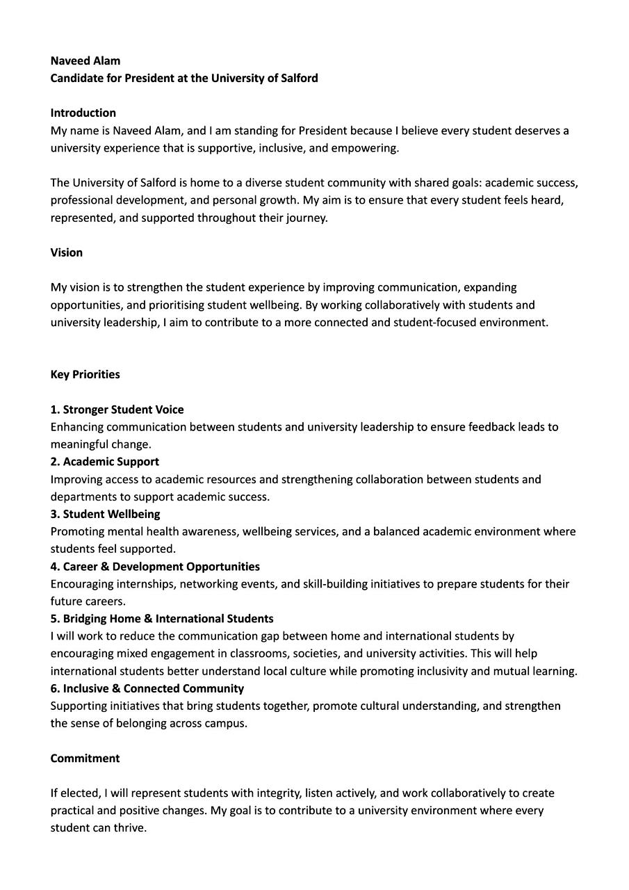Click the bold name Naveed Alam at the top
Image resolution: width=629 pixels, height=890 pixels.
[85, 60]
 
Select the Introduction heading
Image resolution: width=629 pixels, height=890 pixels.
[83, 113]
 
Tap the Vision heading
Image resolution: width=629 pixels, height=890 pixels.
[66, 252]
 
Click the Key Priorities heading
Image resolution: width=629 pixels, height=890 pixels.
[85, 374]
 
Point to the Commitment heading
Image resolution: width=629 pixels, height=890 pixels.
[85, 758]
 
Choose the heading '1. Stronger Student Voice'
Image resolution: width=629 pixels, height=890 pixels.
[117, 410]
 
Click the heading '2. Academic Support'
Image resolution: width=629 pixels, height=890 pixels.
[104, 462]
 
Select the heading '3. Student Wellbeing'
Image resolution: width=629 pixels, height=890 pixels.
[105, 514]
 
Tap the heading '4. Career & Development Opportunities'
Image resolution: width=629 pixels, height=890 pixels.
[155, 567]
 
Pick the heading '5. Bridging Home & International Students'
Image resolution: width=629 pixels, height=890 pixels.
[162, 619]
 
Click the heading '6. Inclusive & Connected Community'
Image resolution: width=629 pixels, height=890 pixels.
[147, 688]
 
